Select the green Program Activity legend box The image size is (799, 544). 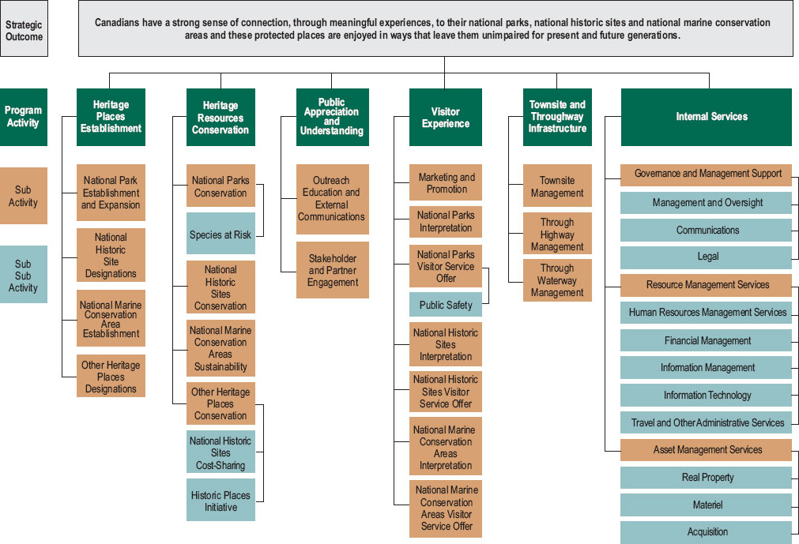pyautogui.click(x=23, y=117)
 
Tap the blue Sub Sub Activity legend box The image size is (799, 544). pyautogui.click(x=24, y=276)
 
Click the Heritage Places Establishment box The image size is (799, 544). pyautogui.click(x=111, y=117)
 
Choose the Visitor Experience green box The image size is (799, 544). pyautogui.click(x=445, y=118)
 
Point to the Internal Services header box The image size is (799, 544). pyautogui.click(x=706, y=117)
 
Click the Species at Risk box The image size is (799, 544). pyautogui.click(x=220, y=234)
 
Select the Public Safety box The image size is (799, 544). pyautogui.click(x=445, y=305)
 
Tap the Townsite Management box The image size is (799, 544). pyautogui.click(x=557, y=186)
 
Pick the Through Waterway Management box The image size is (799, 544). pyautogui.click(x=557, y=280)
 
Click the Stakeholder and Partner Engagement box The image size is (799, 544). pyautogui.click(x=332, y=270)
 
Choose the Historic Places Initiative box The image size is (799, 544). pyautogui.click(x=220, y=501)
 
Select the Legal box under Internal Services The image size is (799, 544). pyautogui.click(x=706, y=257)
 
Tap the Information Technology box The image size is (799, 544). pyautogui.click(x=706, y=395)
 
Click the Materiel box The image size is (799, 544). pyautogui.click(x=706, y=505)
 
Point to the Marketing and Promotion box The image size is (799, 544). pyautogui.click(x=446, y=183)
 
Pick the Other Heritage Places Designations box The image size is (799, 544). pyautogui.click(x=111, y=377)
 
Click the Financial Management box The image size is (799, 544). pyautogui.click(x=706, y=340)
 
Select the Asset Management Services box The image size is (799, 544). pyautogui.click(x=706, y=450)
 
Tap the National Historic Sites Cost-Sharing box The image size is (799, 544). pyautogui.click(x=220, y=452)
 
